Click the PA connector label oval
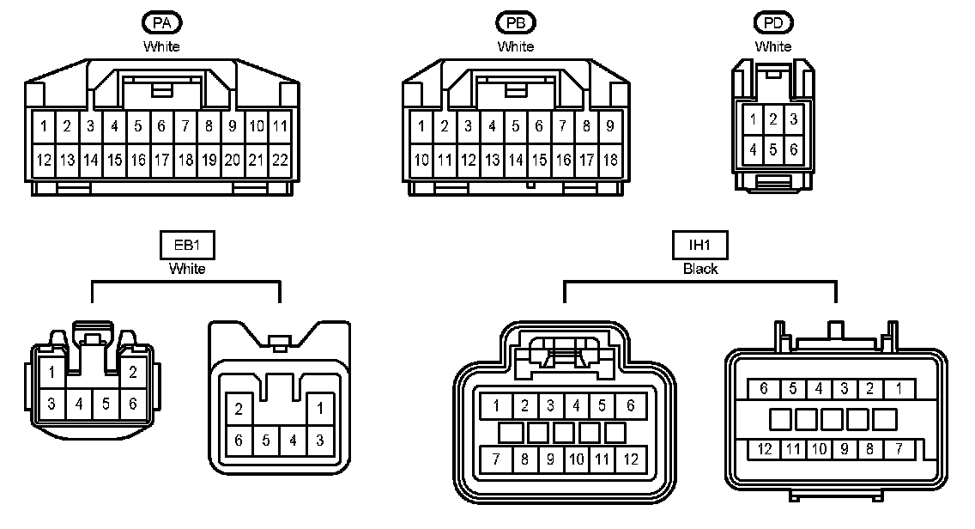coord(161,23)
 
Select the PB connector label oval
coord(515,23)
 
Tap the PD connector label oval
coord(773,23)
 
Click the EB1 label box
coord(186,246)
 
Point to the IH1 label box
coord(699,246)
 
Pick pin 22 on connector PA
coord(280,160)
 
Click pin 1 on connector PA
coord(43,127)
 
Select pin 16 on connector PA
coord(138,160)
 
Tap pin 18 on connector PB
coord(609,160)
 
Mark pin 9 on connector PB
coord(609,127)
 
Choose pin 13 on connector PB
coord(492,160)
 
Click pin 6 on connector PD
coord(794,150)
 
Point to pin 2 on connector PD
coord(773,119)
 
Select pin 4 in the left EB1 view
coord(79,403)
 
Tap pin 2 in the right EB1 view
coord(239,409)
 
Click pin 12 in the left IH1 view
coord(631,459)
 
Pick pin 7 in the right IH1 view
coord(898,448)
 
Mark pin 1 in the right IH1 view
coord(898,389)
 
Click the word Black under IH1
coord(699,269)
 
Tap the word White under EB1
coord(186,269)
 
